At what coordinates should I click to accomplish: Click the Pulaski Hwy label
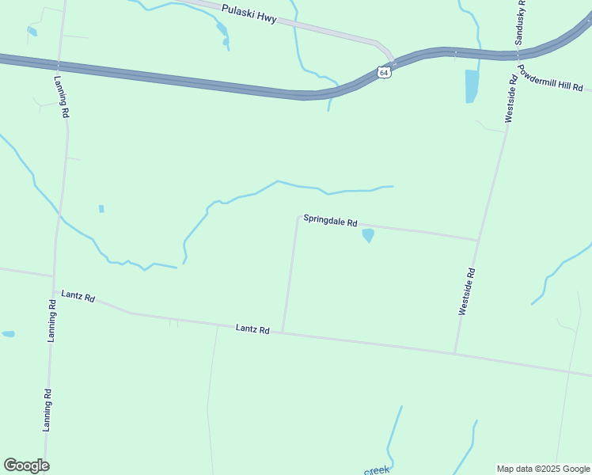[249, 14]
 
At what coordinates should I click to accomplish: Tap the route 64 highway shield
[384, 72]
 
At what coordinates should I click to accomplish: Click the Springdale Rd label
[331, 222]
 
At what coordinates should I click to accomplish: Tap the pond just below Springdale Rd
[368, 235]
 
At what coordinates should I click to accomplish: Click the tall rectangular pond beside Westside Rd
[472, 86]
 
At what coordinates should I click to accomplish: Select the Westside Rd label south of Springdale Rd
[467, 292]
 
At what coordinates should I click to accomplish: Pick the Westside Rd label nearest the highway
[511, 100]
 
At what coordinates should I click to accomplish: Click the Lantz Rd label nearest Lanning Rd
[79, 298]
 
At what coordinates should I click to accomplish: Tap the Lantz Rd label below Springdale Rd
[252, 329]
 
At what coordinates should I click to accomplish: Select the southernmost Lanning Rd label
[47, 409]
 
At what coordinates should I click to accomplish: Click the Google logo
[26, 465]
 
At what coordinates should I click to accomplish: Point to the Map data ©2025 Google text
[543, 469]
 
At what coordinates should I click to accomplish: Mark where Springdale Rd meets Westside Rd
[478, 240]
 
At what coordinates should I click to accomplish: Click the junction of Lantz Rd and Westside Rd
[454, 352]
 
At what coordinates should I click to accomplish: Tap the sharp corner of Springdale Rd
[298, 216]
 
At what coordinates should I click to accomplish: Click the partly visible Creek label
[377, 470]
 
